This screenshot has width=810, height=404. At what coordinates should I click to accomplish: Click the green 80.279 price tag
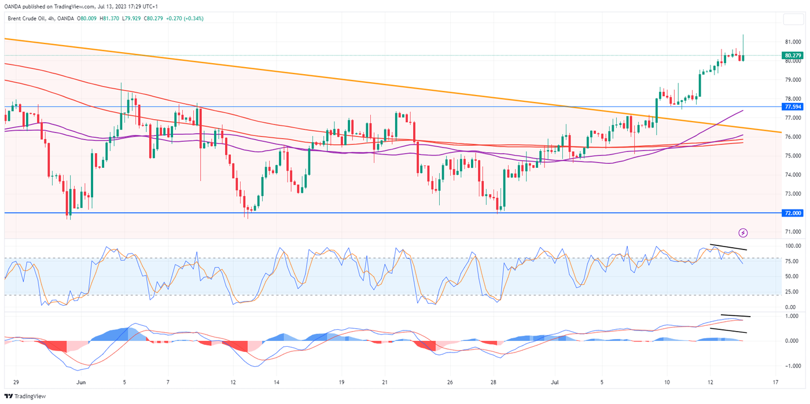coord(792,56)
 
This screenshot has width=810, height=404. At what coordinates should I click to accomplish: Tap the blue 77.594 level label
coord(792,107)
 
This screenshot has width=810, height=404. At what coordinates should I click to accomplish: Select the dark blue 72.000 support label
coord(792,213)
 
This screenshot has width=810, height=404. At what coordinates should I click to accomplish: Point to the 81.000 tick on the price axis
coord(792,42)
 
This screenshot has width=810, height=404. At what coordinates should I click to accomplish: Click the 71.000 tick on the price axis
coord(792,232)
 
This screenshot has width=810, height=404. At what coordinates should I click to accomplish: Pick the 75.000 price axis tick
coord(792,156)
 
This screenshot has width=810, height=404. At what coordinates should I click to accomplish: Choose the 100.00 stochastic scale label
coord(793,246)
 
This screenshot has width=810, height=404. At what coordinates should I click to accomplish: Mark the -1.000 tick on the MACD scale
coord(793,366)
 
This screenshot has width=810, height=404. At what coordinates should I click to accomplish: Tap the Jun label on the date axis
coord(81,383)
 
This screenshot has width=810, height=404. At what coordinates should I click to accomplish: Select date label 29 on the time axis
coord(16,383)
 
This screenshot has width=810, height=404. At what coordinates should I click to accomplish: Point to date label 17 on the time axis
coord(775,383)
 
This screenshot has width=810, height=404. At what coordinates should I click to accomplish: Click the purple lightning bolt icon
coord(743,233)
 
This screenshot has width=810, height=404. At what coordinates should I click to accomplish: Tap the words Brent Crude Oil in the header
coord(25,19)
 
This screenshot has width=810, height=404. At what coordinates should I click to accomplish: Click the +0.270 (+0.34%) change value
coord(185,19)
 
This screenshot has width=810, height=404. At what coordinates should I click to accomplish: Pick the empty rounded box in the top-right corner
coord(792,20)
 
